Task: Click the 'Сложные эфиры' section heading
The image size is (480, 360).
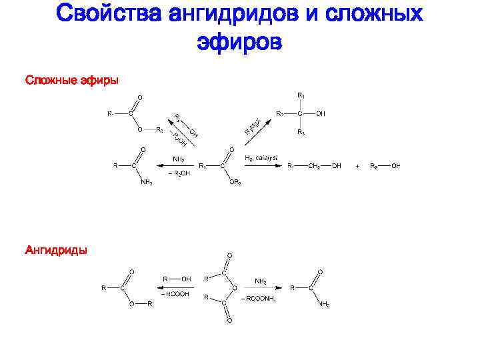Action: coord(71,81)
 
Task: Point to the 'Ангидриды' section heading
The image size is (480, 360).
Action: coord(55,251)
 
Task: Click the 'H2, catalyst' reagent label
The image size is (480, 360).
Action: coord(262,157)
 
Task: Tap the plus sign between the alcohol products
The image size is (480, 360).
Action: coord(357,165)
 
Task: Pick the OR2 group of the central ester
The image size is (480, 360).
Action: coord(235,183)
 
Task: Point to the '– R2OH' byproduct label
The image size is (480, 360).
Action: coord(179,173)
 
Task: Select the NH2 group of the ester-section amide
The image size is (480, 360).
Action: coord(146,183)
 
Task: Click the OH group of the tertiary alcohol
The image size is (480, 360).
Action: coord(321,113)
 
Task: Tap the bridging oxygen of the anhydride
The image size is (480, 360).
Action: coord(234,288)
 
